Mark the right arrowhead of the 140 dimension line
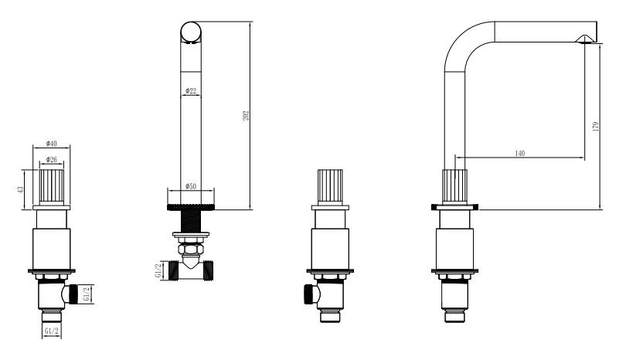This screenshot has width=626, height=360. coord(582,158)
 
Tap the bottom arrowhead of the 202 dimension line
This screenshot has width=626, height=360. coord(250,206)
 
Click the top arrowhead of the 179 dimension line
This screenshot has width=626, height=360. coord(600,47)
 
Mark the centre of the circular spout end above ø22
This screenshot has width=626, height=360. coord(191,32)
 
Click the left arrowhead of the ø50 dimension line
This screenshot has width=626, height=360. coord(171,191)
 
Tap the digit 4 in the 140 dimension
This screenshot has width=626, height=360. coord(520,153)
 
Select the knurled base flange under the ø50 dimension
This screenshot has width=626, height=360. coord(191,207)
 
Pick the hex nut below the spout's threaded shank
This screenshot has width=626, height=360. coord(191,250)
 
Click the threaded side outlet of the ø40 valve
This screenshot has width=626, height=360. coord(73,294)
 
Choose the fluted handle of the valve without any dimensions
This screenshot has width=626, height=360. coord(330,187)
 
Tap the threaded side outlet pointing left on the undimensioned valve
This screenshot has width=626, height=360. coord(309,294)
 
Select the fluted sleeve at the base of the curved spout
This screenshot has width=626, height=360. coord(454,187)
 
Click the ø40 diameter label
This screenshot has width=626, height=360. coord(52,143)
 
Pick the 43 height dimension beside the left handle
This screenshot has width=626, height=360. coord(20,189)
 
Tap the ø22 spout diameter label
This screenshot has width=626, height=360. coord(191,91)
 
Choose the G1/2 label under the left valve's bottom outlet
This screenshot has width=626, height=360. coord(52,331)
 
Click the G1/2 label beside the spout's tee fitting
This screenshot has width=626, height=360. coord(158,270)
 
